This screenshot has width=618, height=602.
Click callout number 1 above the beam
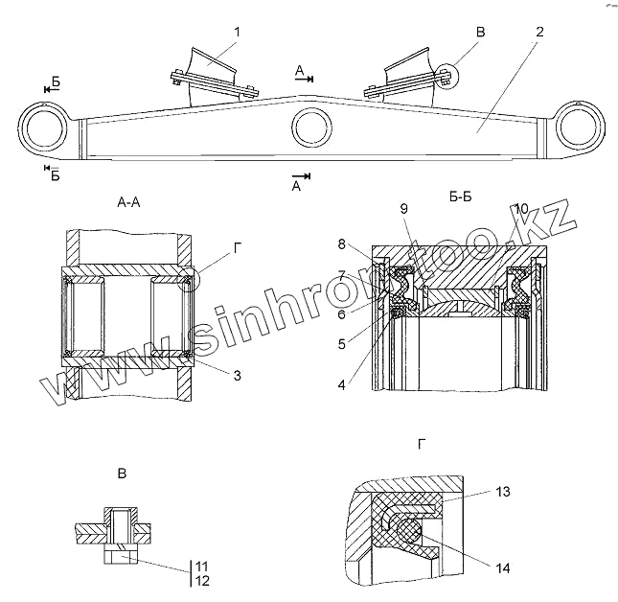point(237,32)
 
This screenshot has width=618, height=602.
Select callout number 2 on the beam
point(540,32)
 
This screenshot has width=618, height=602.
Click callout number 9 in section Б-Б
point(403,208)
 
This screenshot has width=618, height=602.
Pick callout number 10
point(520,208)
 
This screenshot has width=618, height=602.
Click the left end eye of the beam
point(44,127)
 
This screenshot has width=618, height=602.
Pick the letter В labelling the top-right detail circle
point(481,32)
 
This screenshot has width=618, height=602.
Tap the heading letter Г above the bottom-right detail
point(423,443)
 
